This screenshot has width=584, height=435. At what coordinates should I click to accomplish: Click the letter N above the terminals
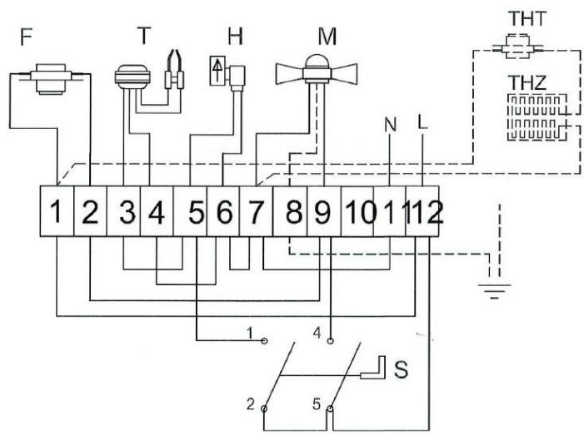[389, 126]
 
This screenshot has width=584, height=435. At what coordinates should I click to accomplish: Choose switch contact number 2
[264, 407]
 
